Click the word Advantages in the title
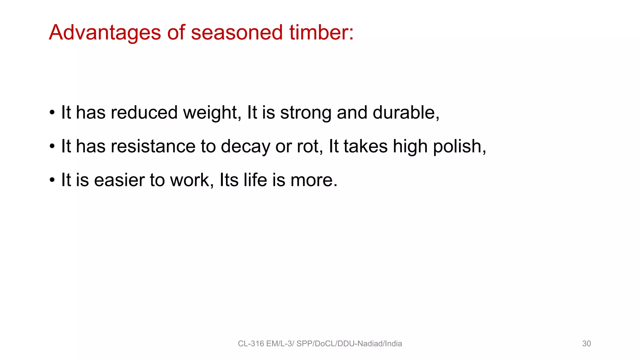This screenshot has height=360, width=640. tap(105, 33)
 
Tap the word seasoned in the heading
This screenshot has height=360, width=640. tap(237, 33)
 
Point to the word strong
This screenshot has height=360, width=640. tap(306, 113)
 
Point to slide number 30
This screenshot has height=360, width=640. tap(586, 344)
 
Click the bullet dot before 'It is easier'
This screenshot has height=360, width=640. tap(52, 180)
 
